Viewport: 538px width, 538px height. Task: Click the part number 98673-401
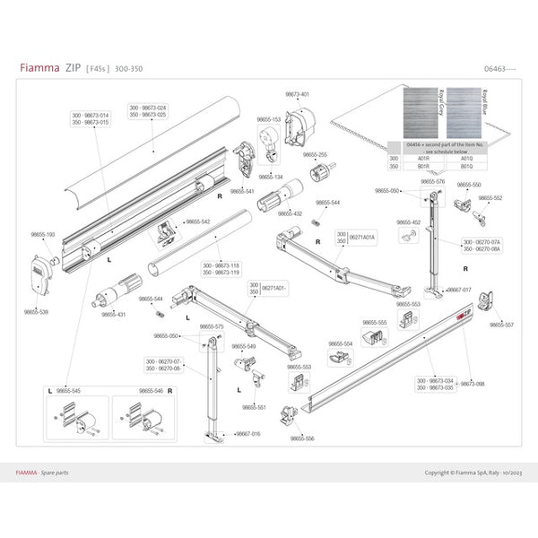[298, 94]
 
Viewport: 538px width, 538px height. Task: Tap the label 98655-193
[44, 234]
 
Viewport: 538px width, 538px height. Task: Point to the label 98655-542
[198, 221]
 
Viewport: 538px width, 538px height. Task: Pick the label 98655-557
[501, 325]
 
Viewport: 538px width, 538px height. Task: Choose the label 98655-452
[410, 222]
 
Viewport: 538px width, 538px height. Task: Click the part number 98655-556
[302, 438]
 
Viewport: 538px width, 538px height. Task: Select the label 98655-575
[212, 327]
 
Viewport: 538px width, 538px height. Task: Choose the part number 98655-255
[316, 154]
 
